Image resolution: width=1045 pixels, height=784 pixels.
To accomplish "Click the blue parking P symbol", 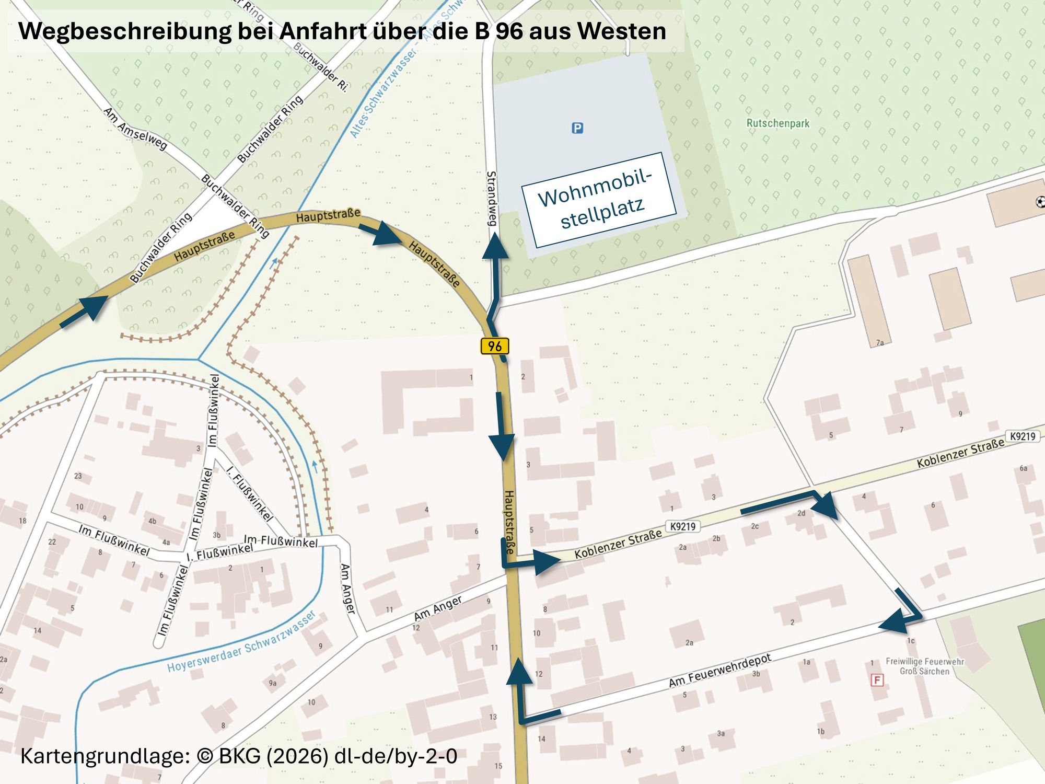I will (x=577, y=128).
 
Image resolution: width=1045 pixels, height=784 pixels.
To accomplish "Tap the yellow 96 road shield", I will (x=494, y=346).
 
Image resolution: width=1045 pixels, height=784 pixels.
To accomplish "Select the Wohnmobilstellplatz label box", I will (x=599, y=200).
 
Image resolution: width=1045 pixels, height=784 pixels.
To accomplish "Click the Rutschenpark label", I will (x=777, y=123).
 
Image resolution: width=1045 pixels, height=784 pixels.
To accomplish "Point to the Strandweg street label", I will (x=492, y=198).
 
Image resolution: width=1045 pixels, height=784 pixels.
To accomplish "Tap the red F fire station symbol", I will (x=877, y=680).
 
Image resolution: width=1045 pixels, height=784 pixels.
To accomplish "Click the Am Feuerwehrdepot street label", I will (x=719, y=670).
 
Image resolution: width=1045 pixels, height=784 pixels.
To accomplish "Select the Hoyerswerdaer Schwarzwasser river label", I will (x=241, y=642).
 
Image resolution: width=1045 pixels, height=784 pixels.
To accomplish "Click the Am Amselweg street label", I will (x=135, y=129).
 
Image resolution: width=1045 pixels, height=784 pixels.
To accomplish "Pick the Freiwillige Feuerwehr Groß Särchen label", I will (x=924, y=666).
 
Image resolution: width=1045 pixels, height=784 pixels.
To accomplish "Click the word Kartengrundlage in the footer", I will (x=104, y=756).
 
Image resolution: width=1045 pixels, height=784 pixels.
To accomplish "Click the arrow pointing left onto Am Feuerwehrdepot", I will (x=893, y=624).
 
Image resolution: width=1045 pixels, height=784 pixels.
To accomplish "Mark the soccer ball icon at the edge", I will (x=1040, y=202).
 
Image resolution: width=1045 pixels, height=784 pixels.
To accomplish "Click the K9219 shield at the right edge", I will (x=1023, y=436).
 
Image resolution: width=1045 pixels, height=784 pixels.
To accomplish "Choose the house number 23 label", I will (x=78, y=476).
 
